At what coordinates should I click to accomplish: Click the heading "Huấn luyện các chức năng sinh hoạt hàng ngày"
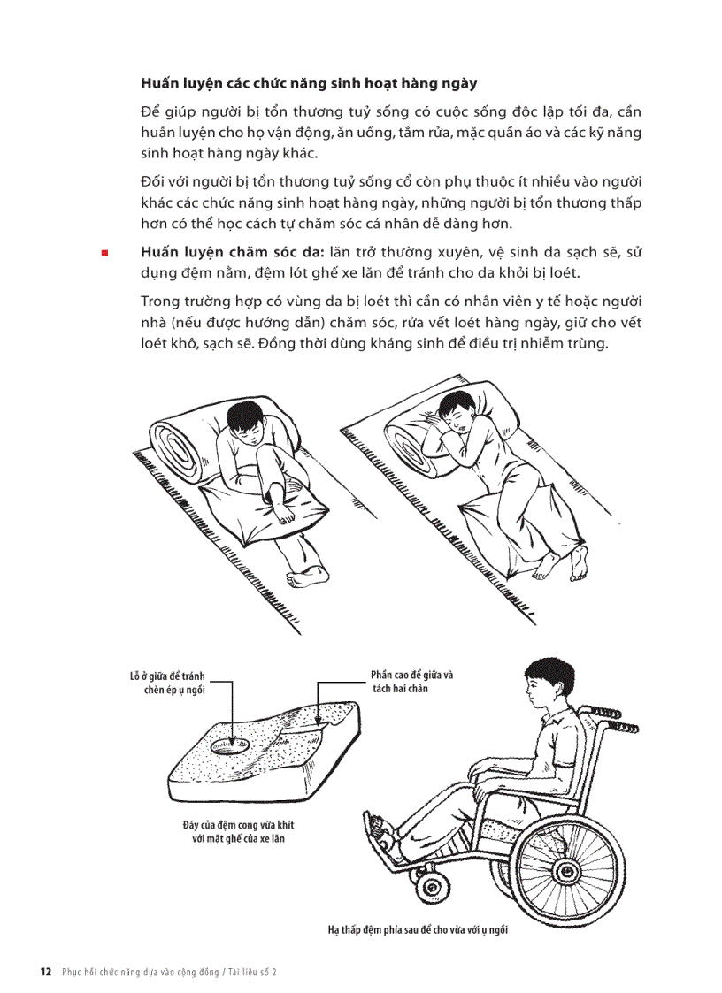pyautogui.click(x=309, y=84)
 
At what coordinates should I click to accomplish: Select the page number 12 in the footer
pyautogui.click(x=45, y=971)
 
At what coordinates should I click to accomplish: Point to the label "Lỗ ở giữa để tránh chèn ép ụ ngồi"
pyautogui.click(x=167, y=683)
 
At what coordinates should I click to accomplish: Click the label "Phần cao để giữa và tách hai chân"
pyautogui.click(x=411, y=681)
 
